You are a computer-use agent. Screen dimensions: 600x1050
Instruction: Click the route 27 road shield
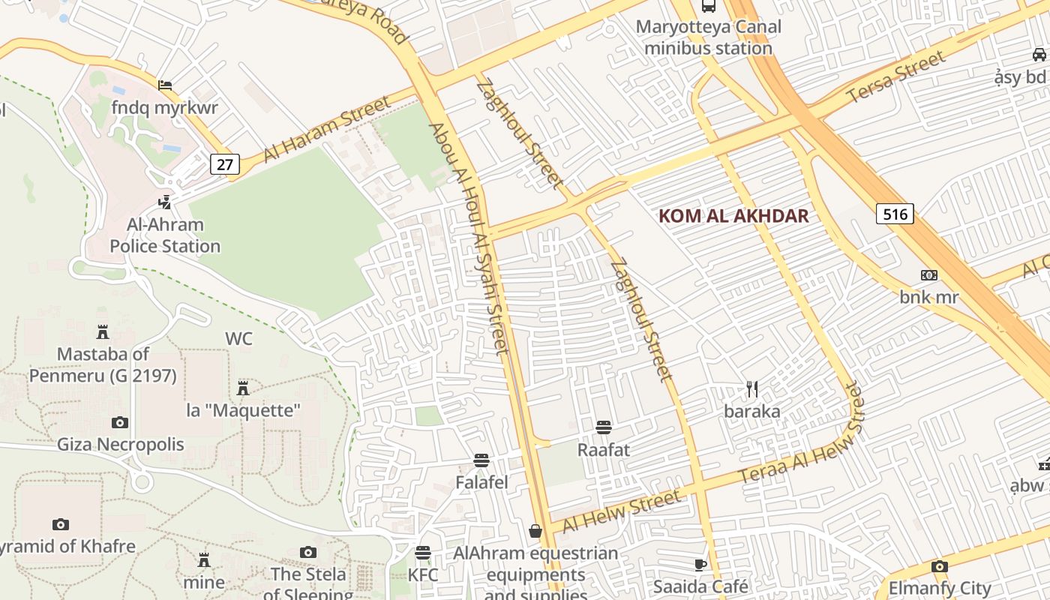(224, 163)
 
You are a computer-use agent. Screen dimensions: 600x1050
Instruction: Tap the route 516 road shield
(895, 214)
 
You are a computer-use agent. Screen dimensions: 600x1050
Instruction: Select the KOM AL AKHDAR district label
(733, 216)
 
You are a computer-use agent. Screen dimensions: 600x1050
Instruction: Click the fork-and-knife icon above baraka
(752, 388)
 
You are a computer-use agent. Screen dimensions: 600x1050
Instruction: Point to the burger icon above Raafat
(603, 427)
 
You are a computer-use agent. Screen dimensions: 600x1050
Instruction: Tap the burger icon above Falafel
(481, 460)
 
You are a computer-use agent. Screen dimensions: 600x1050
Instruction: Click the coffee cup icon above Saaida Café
(700, 564)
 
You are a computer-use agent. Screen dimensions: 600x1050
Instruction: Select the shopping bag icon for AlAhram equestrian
(535, 531)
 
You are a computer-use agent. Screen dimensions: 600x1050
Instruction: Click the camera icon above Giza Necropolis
(119, 422)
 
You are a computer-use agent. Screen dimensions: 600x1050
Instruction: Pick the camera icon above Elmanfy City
(939, 566)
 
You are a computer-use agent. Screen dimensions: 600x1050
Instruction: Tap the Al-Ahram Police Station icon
(164, 202)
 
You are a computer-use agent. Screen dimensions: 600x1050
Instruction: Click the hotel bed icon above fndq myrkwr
(164, 85)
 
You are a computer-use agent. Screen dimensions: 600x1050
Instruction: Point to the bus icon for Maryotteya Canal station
(708, 6)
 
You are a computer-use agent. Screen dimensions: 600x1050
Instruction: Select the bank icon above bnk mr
(929, 275)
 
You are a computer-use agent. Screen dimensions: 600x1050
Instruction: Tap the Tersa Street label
(896, 77)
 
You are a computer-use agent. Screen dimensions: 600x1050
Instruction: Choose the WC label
(238, 339)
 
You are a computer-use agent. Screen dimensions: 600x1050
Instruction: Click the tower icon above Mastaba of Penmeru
(103, 331)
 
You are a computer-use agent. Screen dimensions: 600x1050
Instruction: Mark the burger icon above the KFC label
(423, 553)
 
